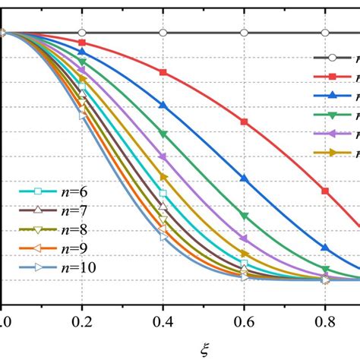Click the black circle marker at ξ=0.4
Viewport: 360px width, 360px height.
pyautogui.click(x=163, y=33)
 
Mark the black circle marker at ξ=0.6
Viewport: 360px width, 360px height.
pyautogui.click(x=244, y=33)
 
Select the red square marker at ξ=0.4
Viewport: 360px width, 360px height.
pyautogui.click(x=163, y=72)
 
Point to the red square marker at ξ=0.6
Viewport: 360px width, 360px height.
pyautogui.click(x=244, y=122)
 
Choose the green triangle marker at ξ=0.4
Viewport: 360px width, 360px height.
pyautogui.click(x=163, y=134)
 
